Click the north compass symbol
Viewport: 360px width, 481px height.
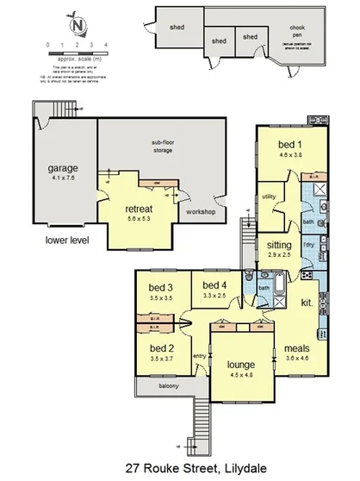tap(78, 25)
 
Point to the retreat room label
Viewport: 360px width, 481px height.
tap(139, 209)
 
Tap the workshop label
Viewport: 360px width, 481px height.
tap(200, 212)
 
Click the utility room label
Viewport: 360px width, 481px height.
tap(269, 197)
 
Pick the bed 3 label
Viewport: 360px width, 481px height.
tap(161, 287)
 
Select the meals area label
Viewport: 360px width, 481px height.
tap(297, 349)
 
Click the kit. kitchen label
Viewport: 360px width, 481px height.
tap(306, 304)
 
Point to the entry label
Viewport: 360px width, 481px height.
tap(199, 355)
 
